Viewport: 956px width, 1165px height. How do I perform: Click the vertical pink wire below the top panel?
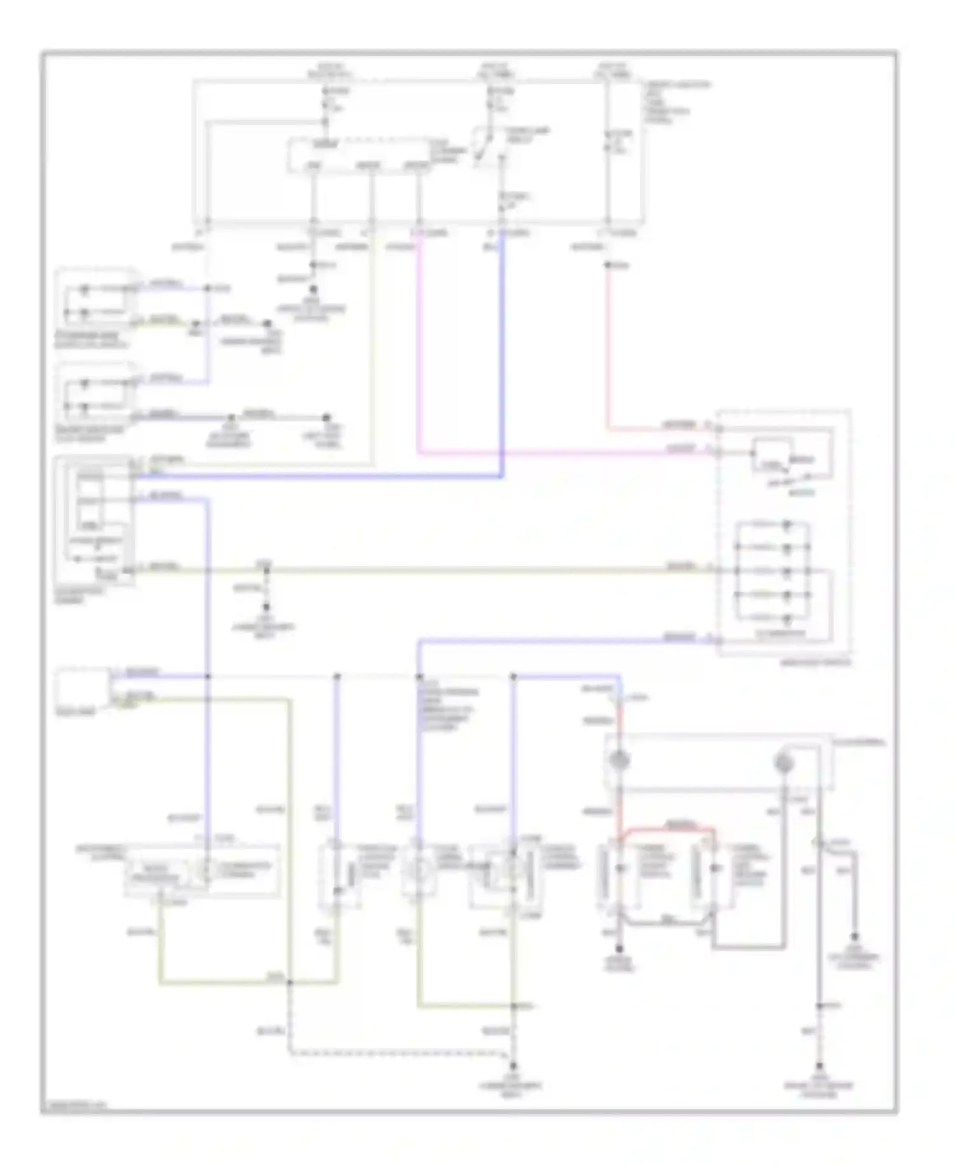point(418,344)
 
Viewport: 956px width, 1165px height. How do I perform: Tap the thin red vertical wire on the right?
point(608,344)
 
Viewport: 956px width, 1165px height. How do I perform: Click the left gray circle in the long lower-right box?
point(619,760)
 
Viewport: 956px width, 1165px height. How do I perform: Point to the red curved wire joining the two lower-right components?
point(669,829)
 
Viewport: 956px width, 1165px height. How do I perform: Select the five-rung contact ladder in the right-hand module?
point(772,570)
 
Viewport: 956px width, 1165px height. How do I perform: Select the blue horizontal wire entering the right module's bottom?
point(561,640)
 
